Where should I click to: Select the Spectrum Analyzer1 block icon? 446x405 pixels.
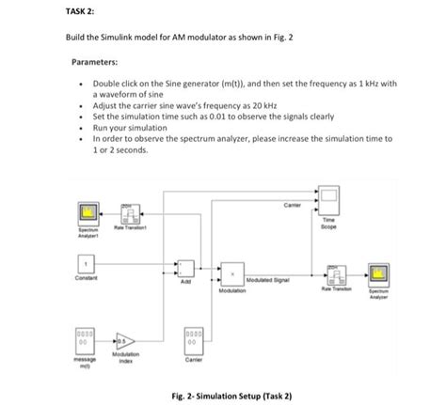click(91, 212)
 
